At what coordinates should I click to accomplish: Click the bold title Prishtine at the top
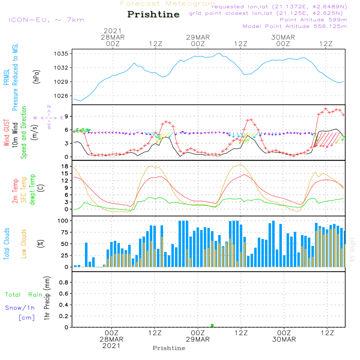tap(153, 14)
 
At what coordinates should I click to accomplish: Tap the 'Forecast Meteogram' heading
tap(168, 4)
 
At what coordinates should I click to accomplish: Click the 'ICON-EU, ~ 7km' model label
tap(46, 20)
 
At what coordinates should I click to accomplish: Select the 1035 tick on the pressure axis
tap(61, 54)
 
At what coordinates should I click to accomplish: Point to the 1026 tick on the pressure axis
tap(61, 96)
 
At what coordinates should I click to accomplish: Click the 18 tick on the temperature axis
tap(65, 166)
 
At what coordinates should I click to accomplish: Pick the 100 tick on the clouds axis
tap(63, 221)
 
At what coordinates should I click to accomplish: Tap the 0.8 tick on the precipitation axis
tap(64, 282)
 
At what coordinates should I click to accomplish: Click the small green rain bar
tap(212, 325)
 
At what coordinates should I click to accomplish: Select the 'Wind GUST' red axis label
tap(6, 133)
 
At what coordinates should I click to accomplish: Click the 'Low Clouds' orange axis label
tap(24, 244)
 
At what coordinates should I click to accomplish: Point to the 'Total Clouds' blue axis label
tap(6, 244)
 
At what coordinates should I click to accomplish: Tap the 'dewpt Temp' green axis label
tap(32, 189)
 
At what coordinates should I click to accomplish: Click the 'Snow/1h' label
tap(20, 308)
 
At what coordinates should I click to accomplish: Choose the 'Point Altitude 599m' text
tap(313, 20)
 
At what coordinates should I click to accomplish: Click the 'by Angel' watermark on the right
tap(352, 249)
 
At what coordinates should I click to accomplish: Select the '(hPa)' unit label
tap(36, 77)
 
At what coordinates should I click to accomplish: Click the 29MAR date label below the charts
tap(198, 339)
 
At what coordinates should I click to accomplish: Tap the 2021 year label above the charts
tap(112, 31)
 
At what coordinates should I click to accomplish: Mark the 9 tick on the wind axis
tap(67, 116)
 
